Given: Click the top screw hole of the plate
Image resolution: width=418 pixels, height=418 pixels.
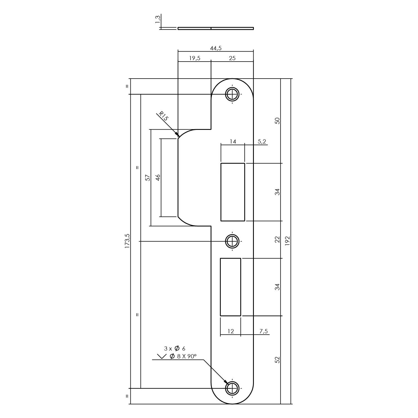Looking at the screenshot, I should point(232,94).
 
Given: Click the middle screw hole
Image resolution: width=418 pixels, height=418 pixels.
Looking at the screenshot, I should point(232,241).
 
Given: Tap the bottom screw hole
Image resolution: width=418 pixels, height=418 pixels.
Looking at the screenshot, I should point(232,388).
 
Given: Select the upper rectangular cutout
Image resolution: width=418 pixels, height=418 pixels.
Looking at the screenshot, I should point(233,192).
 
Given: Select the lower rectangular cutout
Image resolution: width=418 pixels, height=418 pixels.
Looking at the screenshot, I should point(230,287).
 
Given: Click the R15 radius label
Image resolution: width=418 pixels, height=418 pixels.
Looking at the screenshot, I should point(163,116).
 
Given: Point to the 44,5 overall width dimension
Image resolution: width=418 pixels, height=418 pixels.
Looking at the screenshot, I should point(216,48).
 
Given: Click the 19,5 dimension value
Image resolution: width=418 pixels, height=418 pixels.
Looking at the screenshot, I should point(195,58).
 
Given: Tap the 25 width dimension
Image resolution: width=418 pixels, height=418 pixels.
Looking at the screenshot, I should point(232,58).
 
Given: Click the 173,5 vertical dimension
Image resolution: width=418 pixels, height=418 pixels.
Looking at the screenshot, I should point(127,241).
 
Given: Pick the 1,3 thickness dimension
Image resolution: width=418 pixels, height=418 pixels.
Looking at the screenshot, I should point(158,20).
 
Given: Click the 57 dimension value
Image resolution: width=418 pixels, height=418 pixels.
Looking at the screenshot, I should point(148,178).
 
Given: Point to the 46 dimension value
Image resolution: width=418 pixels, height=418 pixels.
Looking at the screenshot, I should point(158,178).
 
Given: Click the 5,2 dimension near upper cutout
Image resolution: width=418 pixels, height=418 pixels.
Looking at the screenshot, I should point(262,142).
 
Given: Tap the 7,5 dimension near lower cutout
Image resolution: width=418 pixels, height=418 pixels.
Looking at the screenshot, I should point(263,331).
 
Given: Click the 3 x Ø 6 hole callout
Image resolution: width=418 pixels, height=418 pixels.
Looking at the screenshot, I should point(175,348).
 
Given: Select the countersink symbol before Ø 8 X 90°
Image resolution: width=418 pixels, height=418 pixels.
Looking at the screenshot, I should point(161,356).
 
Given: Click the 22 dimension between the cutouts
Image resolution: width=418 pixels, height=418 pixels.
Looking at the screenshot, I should point(277,240).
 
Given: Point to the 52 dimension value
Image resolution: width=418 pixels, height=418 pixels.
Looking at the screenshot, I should point(277,360).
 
